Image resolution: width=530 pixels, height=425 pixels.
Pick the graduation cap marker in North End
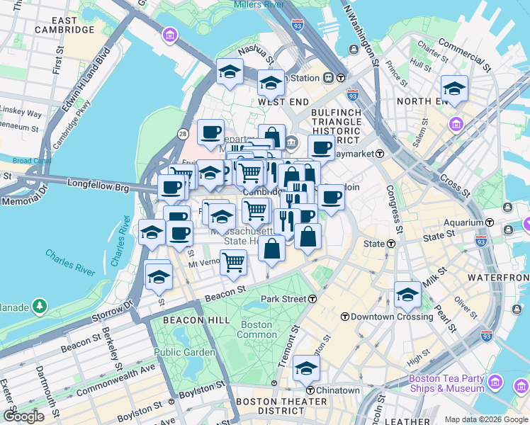454,89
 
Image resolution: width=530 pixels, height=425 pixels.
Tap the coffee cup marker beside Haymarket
321,148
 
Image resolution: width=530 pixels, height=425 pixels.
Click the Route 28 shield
183,134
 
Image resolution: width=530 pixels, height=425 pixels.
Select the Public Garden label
184,352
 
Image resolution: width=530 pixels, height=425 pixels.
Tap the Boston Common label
256,329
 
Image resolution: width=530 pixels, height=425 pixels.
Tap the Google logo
23,416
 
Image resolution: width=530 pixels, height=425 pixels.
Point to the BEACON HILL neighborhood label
196,320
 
